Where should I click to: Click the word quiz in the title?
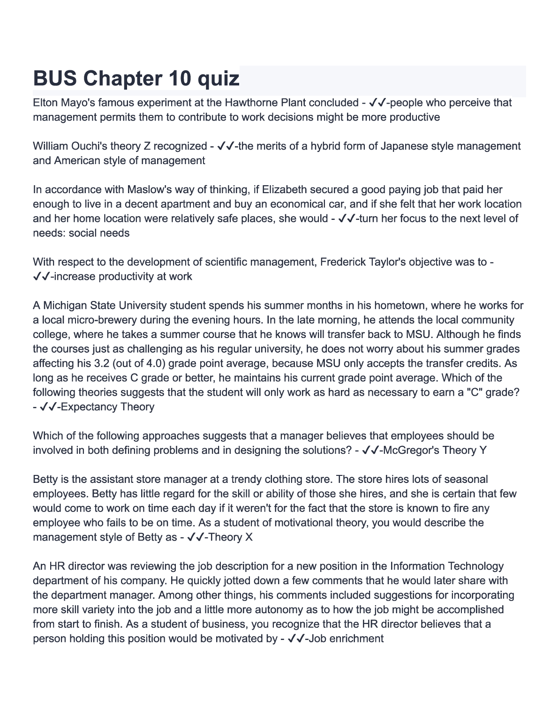point(218,78)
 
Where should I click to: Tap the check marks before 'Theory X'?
point(195,537)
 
